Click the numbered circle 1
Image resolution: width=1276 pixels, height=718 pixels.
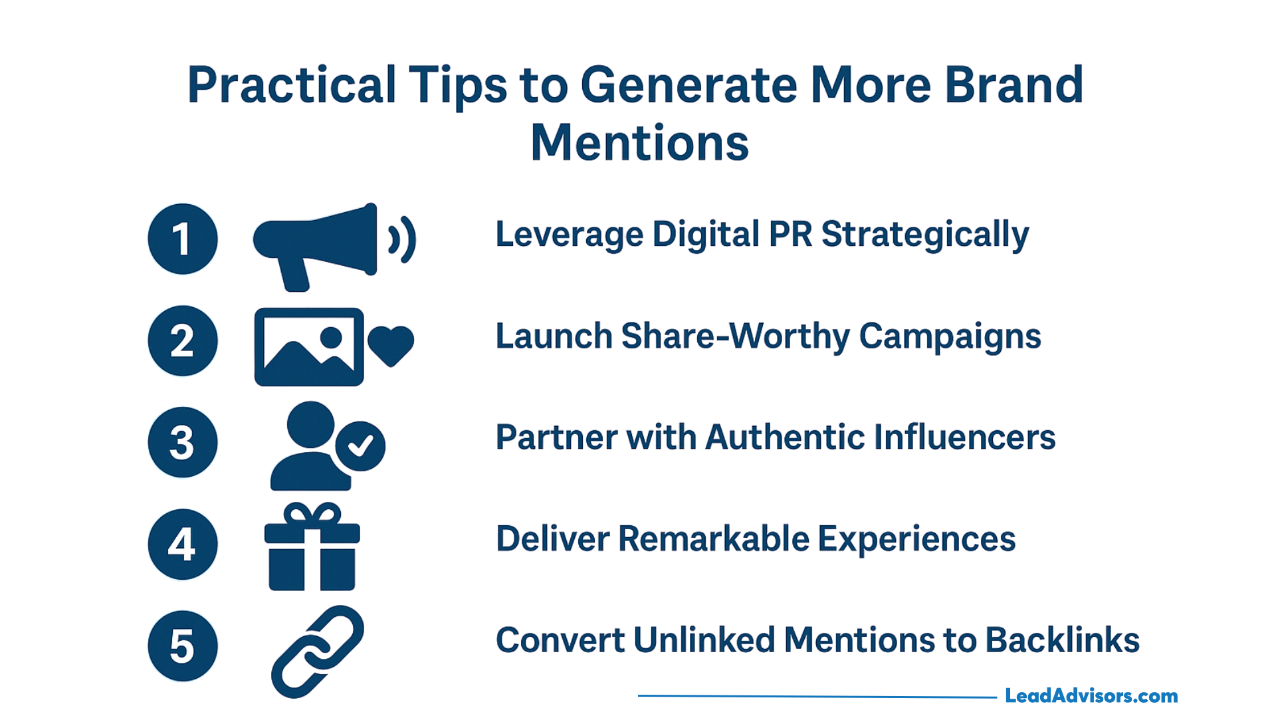click(x=183, y=239)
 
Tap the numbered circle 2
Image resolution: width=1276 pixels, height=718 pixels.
click(x=183, y=340)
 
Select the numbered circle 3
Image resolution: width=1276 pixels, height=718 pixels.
click(x=183, y=442)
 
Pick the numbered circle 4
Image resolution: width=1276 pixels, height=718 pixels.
click(x=183, y=544)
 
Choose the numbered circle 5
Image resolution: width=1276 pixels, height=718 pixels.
click(x=183, y=646)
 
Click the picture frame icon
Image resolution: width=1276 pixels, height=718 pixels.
click(x=309, y=346)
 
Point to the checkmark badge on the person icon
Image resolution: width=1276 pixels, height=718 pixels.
click(x=360, y=446)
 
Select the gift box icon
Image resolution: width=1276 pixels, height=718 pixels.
click(x=312, y=546)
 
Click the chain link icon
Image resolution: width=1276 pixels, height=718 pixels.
click(x=318, y=652)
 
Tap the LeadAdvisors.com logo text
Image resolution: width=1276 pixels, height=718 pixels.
click(x=1091, y=696)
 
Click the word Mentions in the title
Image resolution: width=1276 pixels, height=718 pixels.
click(x=639, y=143)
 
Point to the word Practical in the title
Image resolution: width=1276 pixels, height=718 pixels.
click(x=292, y=85)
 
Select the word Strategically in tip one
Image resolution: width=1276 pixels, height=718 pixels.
click(x=925, y=235)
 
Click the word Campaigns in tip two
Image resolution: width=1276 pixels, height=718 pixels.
click(x=950, y=337)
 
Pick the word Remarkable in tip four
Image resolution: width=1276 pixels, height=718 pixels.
click(x=714, y=538)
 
